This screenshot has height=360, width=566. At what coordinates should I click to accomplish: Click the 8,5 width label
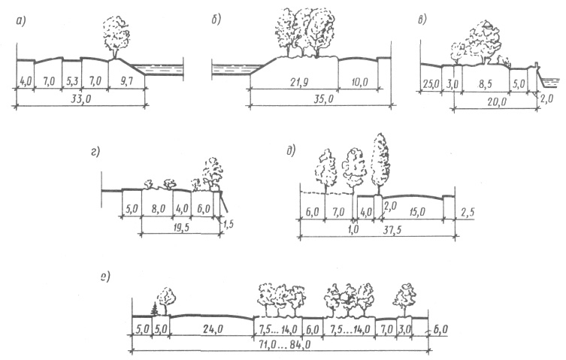(485, 83)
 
